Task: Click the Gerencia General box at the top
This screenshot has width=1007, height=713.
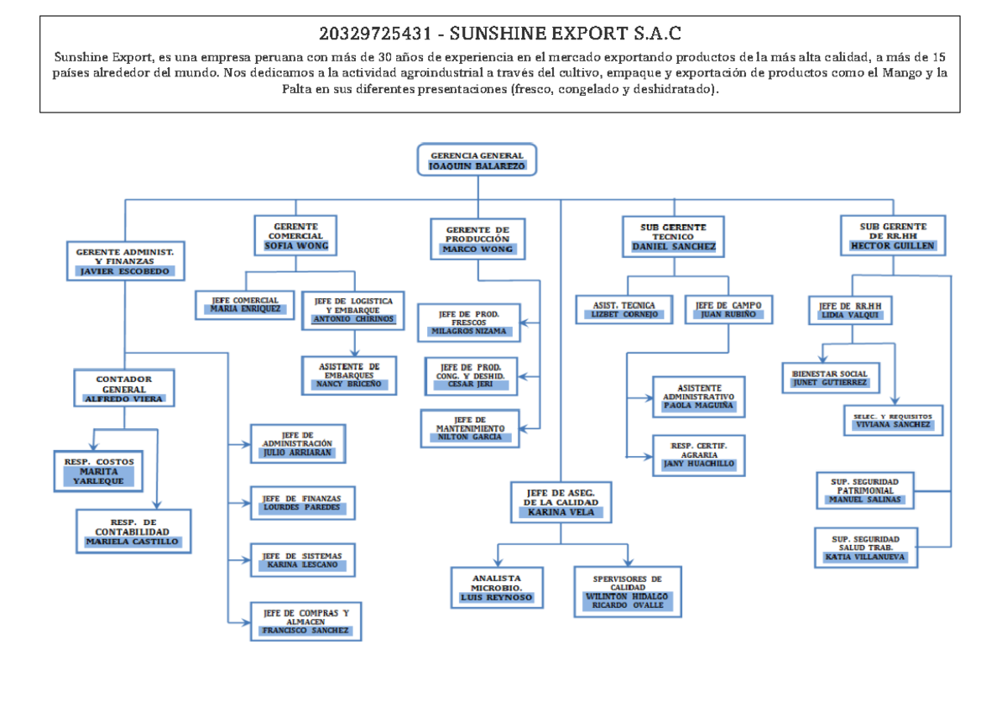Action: (x=477, y=160)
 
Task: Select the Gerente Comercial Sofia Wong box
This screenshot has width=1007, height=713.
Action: (x=295, y=236)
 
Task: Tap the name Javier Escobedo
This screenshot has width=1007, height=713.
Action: (x=124, y=271)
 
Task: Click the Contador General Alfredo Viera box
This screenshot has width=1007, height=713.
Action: (x=124, y=388)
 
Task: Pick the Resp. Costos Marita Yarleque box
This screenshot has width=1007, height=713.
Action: (x=98, y=471)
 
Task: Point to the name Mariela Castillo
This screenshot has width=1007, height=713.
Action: (x=133, y=542)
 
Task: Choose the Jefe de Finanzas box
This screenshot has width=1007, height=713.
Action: (x=303, y=503)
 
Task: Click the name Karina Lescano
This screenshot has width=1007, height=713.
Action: (x=302, y=564)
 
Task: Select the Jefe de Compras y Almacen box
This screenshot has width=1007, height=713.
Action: (x=305, y=621)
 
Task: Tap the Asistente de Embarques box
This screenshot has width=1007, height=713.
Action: (x=349, y=375)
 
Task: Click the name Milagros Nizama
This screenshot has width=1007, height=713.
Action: (x=468, y=331)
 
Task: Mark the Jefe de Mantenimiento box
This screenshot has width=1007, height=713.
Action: (x=470, y=428)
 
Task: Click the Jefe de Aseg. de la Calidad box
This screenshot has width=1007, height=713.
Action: (x=561, y=502)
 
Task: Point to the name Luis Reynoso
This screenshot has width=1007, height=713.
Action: (x=496, y=597)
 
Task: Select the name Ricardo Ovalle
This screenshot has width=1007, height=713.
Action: (x=628, y=605)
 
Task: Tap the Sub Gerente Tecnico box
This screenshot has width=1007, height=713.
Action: (x=673, y=237)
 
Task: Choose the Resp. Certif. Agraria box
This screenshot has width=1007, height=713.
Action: (x=698, y=455)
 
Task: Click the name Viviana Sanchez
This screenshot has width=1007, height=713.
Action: (x=893, y=424)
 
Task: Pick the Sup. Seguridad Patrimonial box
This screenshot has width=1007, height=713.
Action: (x=865, y=490)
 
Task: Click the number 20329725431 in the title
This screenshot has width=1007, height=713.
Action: (x=375, y=34)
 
